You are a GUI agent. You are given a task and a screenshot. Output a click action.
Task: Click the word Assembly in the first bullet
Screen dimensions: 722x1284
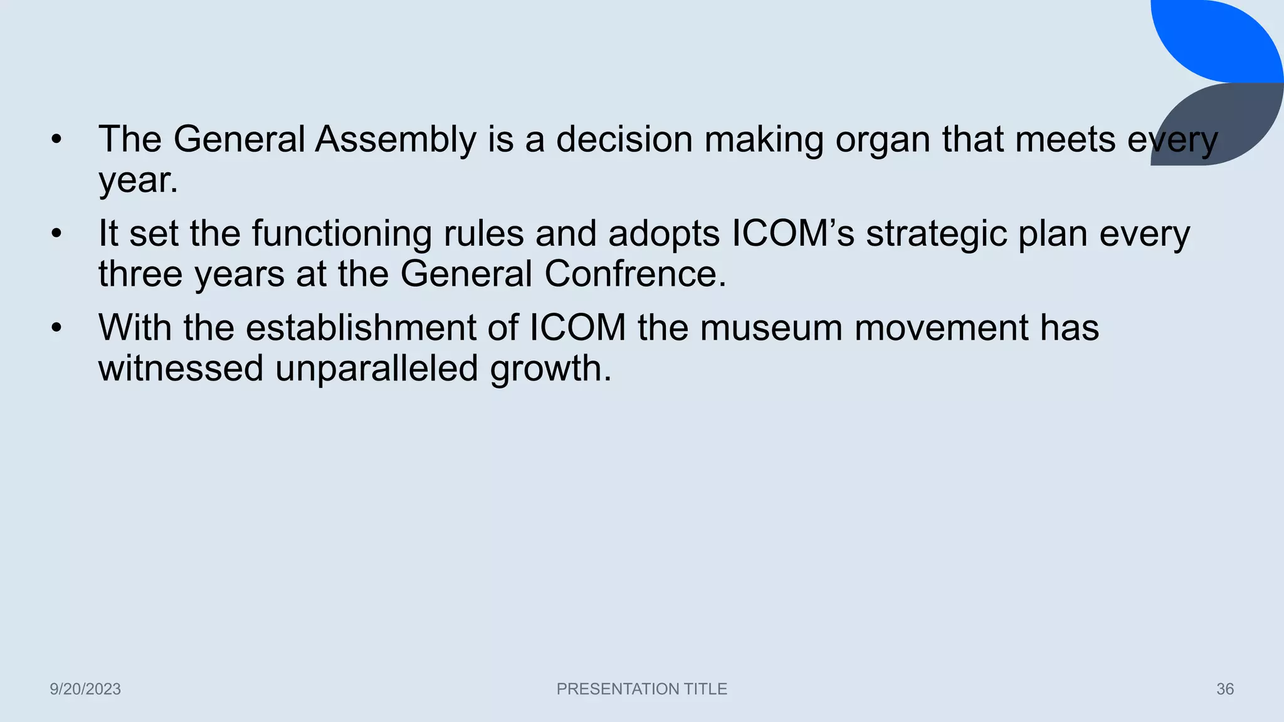click(x=395, y=139)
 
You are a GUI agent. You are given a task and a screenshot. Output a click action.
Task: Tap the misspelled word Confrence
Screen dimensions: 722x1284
click(x=634, y=274)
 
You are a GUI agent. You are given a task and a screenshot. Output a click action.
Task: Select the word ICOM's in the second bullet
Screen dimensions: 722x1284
click(x=793, y=234)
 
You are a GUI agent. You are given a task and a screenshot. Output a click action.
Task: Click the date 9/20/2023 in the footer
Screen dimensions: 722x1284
click(x=85, y=689)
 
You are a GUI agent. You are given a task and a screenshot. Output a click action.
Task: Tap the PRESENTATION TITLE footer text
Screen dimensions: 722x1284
click(x=641, y=689)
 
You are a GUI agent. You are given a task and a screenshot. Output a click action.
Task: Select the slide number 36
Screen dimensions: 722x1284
click(x=1225, y=689)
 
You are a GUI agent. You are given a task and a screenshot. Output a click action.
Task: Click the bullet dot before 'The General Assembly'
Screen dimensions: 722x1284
click(x=57, y=140)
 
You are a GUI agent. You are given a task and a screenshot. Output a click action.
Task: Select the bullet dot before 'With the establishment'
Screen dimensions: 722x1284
click(x=57, y=328)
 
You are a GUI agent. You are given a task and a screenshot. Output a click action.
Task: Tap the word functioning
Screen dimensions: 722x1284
click(x=342, y=234)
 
